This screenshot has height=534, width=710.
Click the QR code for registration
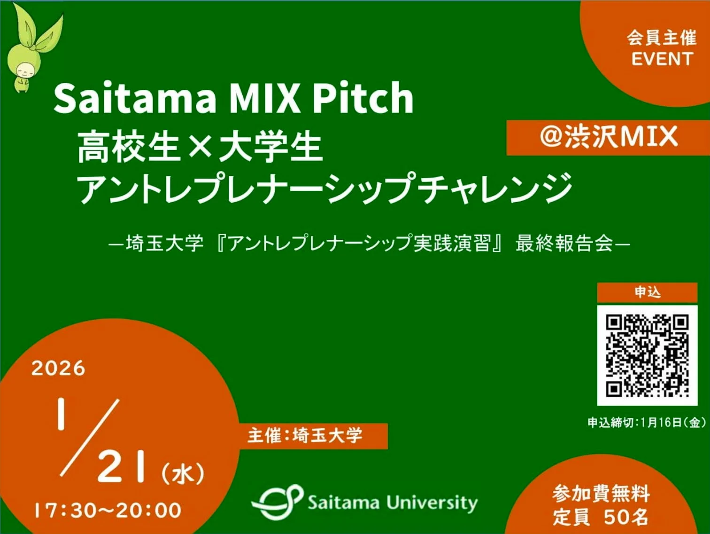point(647,355)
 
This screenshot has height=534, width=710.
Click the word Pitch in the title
point(363,98)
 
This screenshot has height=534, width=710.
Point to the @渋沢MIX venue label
point(609,137)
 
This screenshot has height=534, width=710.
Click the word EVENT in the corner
point(662,59)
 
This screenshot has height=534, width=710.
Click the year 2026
point(58,368)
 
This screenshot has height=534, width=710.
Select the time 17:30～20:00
point(108,510)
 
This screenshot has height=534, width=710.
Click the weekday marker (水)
point(183,473)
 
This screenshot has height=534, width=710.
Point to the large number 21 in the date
point(121,467)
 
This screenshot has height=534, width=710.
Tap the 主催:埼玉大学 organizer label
point(305,435)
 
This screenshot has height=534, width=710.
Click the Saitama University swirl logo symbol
point(277,502)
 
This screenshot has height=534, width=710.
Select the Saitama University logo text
point(393,503)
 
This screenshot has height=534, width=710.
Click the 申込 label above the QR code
point(647,292)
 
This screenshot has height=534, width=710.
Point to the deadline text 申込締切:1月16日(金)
point(646,422)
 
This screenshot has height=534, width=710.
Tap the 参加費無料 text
point(601,494)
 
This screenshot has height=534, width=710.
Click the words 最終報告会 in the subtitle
point(563,243)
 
